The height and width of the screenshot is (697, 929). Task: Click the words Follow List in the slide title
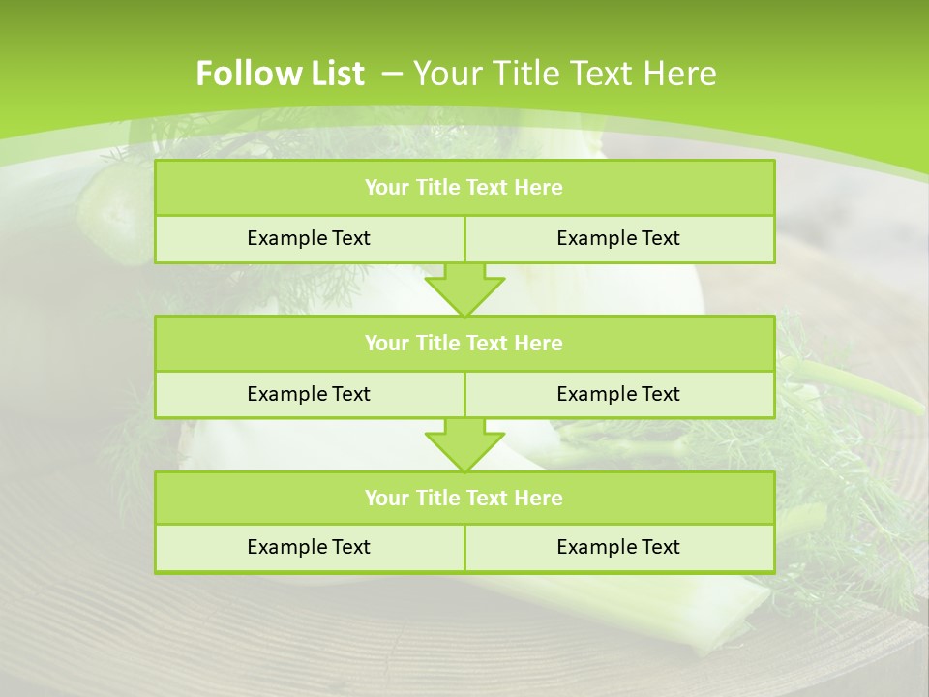click(280, 74)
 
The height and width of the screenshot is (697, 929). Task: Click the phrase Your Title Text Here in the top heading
click(564, 74)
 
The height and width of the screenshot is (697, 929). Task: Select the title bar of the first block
click(464, 188)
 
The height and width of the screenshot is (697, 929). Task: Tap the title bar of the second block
click(464, 343)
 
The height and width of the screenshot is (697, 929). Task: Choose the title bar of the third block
click(464, 498)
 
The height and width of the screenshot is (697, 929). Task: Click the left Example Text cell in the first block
click(309, 238)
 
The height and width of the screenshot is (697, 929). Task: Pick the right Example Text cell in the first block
click(619, 238)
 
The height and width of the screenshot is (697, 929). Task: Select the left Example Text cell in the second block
click(309, 394)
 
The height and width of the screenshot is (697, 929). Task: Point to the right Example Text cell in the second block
click(619, 394)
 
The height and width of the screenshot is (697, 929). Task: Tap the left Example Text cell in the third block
click(309, 547)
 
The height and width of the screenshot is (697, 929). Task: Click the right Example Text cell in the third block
click(619, 547)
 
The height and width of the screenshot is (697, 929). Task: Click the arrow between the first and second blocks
click(464, 288)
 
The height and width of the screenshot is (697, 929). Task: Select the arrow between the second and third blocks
click(464, 443)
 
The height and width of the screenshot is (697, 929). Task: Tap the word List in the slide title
click(338, 74)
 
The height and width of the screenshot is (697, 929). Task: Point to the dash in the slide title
click(393, 72)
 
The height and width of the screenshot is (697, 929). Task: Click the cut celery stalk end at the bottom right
click(740, 620)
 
